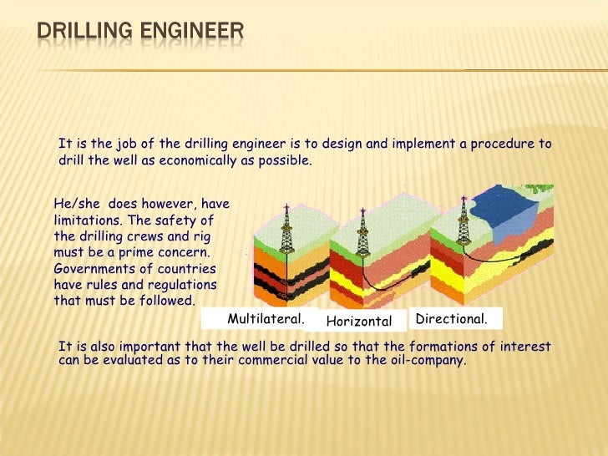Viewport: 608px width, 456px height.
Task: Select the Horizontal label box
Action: coord(358,321)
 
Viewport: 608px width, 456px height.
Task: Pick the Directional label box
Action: coord(451,318)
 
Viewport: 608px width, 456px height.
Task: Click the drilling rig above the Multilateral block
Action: coord(286,230)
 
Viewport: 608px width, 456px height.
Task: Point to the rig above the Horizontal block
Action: coord(362,233)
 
